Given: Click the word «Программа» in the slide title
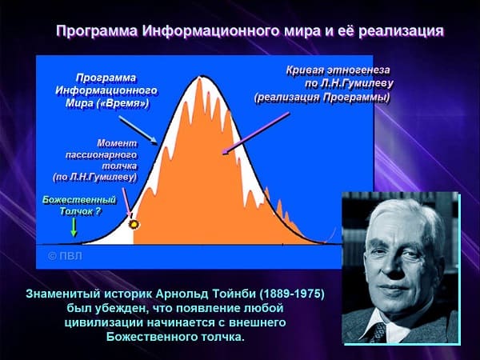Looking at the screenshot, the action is [x=97, y=31].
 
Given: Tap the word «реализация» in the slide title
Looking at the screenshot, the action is [x=401, y=31].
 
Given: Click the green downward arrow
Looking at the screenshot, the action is [x=74, y=227].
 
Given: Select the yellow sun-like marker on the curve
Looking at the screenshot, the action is [x=134, y=225].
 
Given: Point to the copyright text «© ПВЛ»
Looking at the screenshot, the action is [x=65, y=256].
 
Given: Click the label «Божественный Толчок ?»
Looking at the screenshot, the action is [x=79, y=206].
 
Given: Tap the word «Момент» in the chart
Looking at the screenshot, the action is [x=118, y=143].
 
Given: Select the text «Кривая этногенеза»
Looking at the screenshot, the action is [x=338, y=70].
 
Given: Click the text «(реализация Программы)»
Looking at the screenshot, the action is [x=322, y=98].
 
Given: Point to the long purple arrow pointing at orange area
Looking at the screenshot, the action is [x=256, y=133].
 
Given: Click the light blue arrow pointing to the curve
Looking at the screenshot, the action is [x=138, y=130].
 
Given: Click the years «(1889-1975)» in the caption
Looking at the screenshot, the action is [x=292, y=294].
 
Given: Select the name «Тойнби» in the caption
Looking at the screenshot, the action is [x=234, y=294].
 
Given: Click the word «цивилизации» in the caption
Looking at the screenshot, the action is [x=103, y=322].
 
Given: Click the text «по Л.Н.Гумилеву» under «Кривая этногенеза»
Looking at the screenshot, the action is [x=349, y=83].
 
